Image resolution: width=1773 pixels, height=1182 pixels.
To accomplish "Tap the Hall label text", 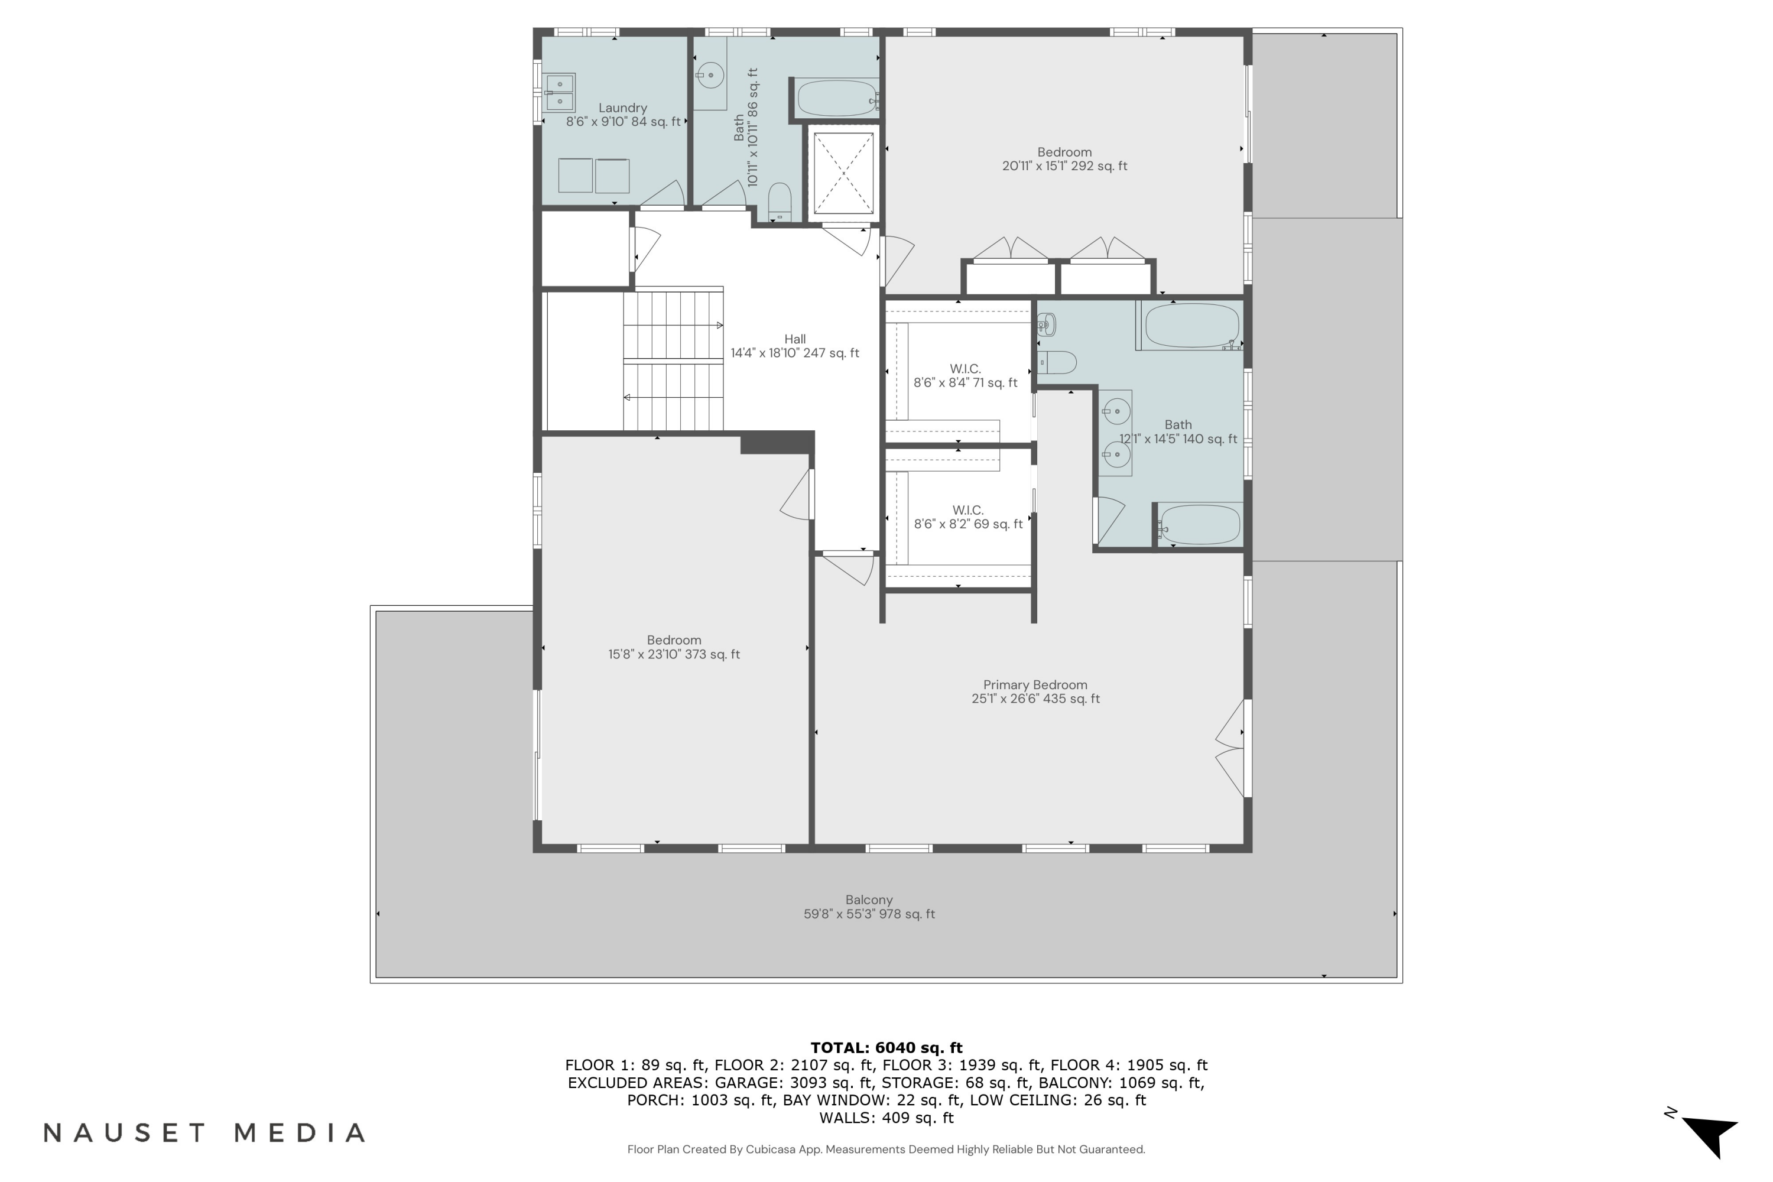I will tap(794, 339).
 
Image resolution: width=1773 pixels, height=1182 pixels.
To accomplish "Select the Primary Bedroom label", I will tap(1034, 685).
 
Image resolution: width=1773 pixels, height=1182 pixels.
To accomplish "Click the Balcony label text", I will tap(868, 900).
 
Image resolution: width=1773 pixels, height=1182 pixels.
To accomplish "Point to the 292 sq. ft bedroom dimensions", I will tap(1064, 166).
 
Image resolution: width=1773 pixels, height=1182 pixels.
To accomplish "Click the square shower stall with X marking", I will tap(843, 173).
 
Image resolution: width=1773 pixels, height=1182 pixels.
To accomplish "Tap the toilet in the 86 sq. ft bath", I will tap(779, 202).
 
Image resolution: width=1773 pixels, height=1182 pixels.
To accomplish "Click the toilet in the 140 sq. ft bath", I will tap(1057, 363).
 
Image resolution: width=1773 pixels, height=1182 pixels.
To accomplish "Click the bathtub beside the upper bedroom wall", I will tap(837, 98).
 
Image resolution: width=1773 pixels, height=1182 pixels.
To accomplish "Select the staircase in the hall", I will tap(673, 359).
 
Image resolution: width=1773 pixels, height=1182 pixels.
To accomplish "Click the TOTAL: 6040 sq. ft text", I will tap(886, 1047).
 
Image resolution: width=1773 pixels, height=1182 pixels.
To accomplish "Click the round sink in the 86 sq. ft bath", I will tap(709, 76).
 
